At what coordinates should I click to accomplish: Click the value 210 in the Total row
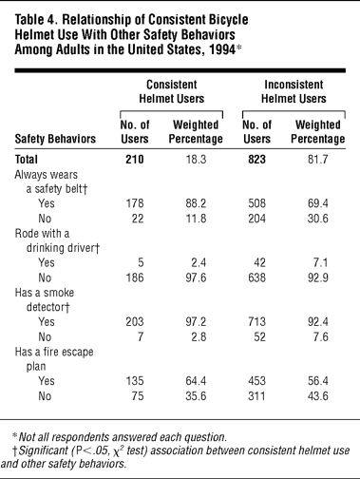coord(135,159)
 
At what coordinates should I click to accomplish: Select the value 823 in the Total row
coord(256,159)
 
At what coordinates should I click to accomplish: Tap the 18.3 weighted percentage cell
coord(196,159)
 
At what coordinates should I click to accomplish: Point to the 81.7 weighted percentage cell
coord(318,159)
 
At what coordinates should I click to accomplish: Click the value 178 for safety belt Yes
coord(135,203)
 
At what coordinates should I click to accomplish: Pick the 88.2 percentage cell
coord(196,203)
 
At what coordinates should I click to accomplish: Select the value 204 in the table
coord(256,219)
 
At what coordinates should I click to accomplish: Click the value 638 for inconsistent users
coord(256,278)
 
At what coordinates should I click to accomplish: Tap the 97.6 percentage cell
coord(196,278)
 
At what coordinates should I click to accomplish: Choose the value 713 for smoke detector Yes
coord(256,321)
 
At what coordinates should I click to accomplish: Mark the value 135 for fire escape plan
coord(135,380)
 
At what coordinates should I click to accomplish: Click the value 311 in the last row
coord(256,395)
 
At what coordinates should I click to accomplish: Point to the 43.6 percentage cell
coord(318,395)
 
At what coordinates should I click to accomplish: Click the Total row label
coord(27,159)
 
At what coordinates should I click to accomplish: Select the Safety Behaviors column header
coord(55,139)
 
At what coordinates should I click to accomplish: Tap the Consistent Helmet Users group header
coord(172,91)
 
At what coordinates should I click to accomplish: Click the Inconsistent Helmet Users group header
coord(294,91)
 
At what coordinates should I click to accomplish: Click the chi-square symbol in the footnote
coord(118,450)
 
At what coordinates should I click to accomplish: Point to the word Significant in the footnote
coord(44,450)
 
